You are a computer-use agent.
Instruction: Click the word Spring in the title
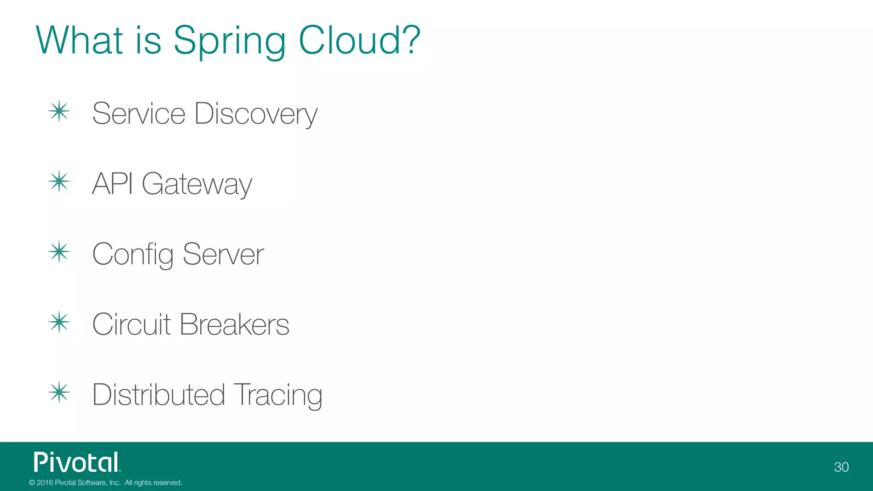pos(229,41)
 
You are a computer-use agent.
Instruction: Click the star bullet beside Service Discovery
pos(59,112)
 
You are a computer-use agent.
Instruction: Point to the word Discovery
pos(256,114)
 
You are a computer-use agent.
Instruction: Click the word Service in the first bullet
pos(139,114)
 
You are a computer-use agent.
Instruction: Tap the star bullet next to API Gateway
pos(59,182)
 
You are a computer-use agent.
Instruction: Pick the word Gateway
pos(197,185)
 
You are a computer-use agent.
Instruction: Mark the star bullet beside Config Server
pos(59,252)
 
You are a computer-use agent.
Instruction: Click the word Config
pos(133,254)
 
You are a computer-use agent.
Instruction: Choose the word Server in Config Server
pos(223,254)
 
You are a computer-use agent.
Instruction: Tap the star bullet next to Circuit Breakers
pos(59,322)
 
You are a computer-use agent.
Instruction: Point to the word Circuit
pos(131,324)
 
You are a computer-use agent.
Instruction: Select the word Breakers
pos(234,324)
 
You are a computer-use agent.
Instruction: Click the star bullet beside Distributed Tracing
pos(59,393)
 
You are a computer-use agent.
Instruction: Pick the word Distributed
pos(158,395)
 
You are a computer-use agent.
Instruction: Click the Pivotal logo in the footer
pos(77,462)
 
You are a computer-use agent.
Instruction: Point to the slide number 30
pos(841,467)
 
